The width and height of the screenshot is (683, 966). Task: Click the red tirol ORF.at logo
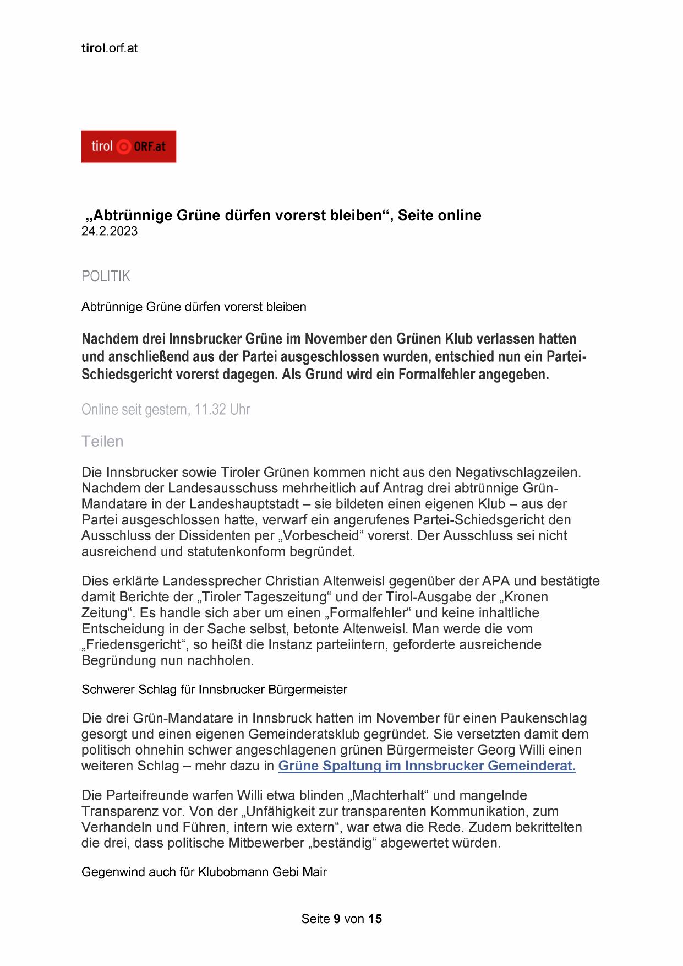click(x=129, y=146)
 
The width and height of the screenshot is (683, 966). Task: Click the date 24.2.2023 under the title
click(x=110, y=231)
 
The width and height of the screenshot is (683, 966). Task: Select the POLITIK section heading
click(x=106, y=276)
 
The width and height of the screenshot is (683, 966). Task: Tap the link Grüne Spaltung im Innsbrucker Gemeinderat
click(x=427, y=766)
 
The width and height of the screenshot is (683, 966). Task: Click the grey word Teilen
click(x=102, y=442)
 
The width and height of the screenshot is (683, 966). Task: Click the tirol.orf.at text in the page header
click(x=110, y=48)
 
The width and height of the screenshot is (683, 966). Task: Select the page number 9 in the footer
click(x=337, y=919)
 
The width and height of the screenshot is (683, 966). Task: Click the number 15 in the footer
click(x=375, y=919)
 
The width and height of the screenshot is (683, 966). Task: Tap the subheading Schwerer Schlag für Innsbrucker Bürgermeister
click(x=214, y=690)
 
